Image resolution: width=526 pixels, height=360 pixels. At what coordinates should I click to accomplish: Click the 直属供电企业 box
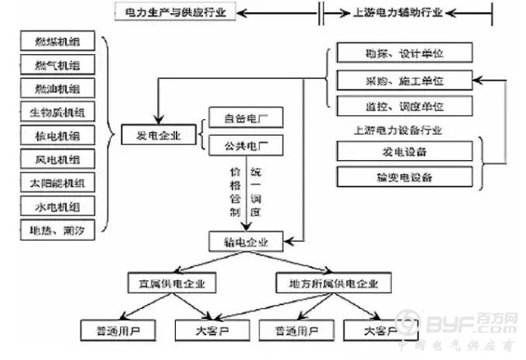[x=172, y=284]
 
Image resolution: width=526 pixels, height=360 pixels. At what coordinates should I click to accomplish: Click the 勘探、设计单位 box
[x=404, y=54]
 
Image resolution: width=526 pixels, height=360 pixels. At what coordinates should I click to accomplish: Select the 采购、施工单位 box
[x=404, y=81]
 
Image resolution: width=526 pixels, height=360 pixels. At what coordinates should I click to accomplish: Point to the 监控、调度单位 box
[x=404, y=107]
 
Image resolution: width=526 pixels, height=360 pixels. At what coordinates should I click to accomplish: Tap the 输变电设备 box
[x=404, y=177]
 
